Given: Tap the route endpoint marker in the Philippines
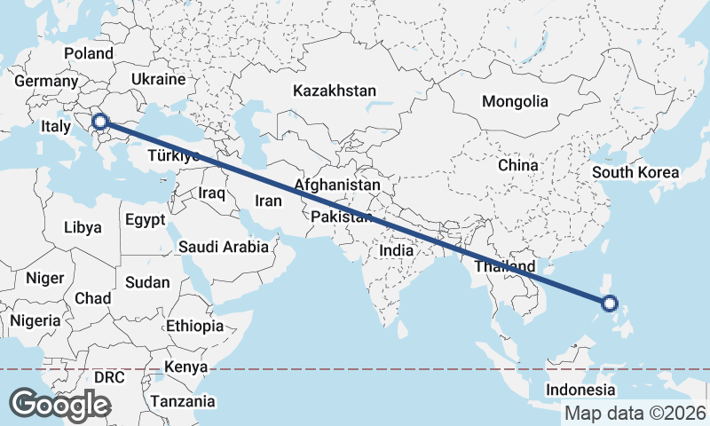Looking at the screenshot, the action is click(x=610, y=304).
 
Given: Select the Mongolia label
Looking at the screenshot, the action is click(x=515, y=101).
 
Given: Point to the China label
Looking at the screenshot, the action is click(x=517, y=165).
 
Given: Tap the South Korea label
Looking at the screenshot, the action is click(x=635, y=172).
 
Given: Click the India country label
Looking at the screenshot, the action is click(x=396, y=250).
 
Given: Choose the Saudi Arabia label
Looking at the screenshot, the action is click(x=223, y=247).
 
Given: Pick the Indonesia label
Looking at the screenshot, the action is click(x=580, y=390).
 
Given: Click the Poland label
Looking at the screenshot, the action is click(x=89, y=53).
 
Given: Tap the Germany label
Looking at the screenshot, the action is click(x=46, y=81).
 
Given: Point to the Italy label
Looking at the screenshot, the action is click(x=55, y=128).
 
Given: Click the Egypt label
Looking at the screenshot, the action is click(x=146, y=219).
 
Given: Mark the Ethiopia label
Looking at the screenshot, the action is click(x=194, y=326).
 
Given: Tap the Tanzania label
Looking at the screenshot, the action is click(x=182, y=401).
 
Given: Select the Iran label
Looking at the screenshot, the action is click(x=268, y=201).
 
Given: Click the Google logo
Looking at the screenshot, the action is click(x=59, y=405).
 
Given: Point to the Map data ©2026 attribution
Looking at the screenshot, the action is click(x=635, y=413).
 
